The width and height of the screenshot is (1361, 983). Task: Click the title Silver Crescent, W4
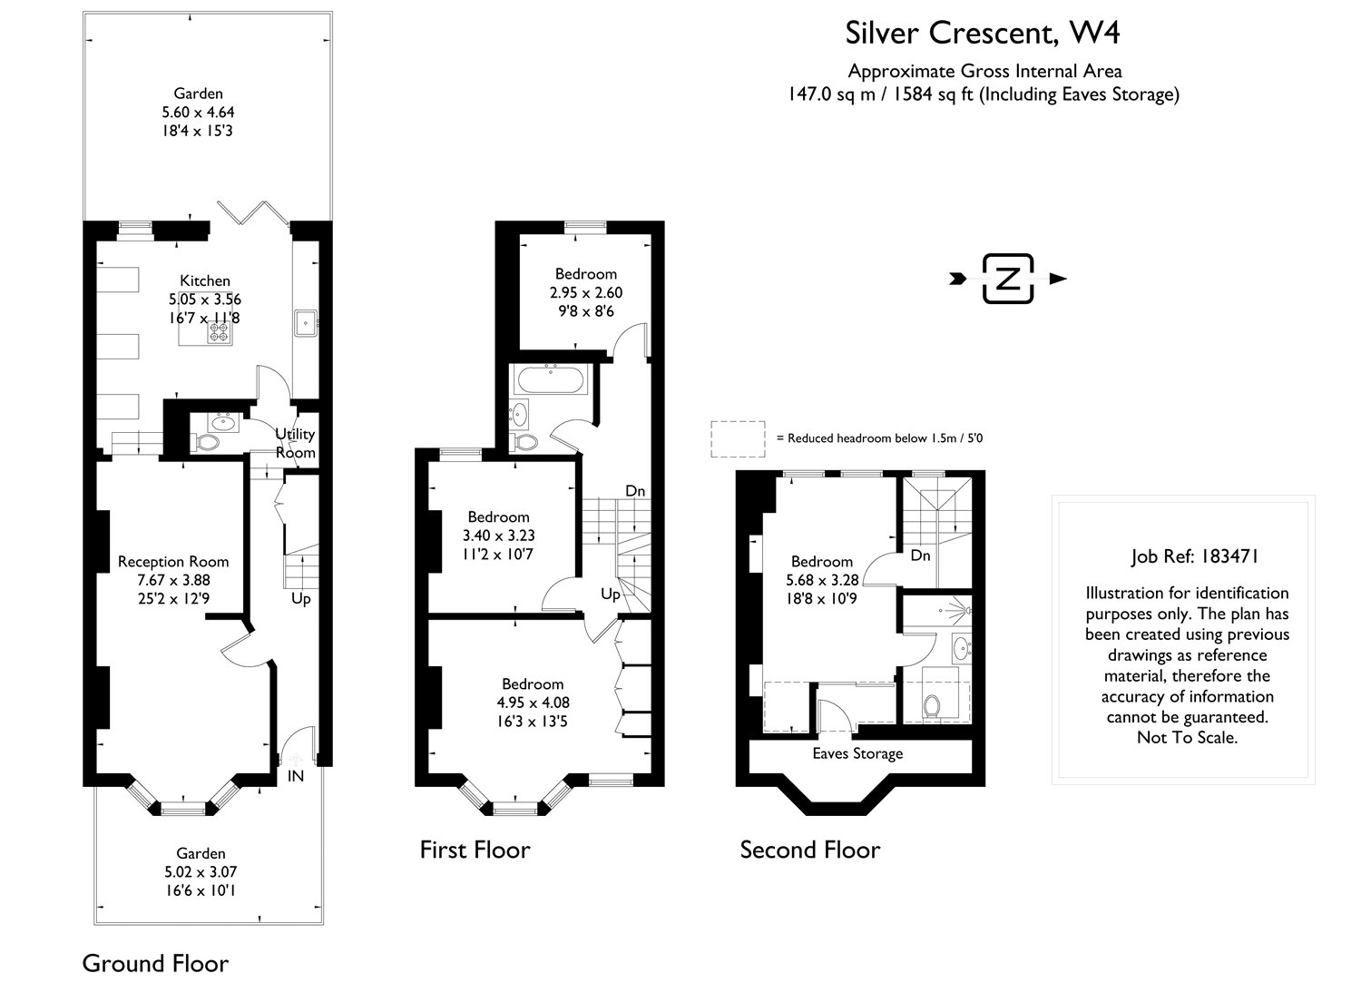983,33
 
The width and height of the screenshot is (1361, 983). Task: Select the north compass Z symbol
1007,279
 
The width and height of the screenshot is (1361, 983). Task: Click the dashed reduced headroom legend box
739,438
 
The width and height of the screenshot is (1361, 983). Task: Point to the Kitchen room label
204,280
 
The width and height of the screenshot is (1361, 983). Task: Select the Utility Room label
295,444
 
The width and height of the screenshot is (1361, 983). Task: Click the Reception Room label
173,562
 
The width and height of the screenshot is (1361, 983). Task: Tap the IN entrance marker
296,776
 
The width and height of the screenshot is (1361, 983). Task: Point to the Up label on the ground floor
301,599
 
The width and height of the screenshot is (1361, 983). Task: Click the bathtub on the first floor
551,379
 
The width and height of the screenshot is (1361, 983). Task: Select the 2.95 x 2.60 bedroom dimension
585,292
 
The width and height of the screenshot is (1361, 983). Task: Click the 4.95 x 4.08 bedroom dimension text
533,703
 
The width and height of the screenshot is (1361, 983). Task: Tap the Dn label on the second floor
920,555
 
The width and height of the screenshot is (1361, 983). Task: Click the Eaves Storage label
857,753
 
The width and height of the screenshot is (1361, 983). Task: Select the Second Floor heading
809,850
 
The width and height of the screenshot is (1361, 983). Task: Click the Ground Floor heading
155,963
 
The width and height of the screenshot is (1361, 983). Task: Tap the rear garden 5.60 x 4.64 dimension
199,113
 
